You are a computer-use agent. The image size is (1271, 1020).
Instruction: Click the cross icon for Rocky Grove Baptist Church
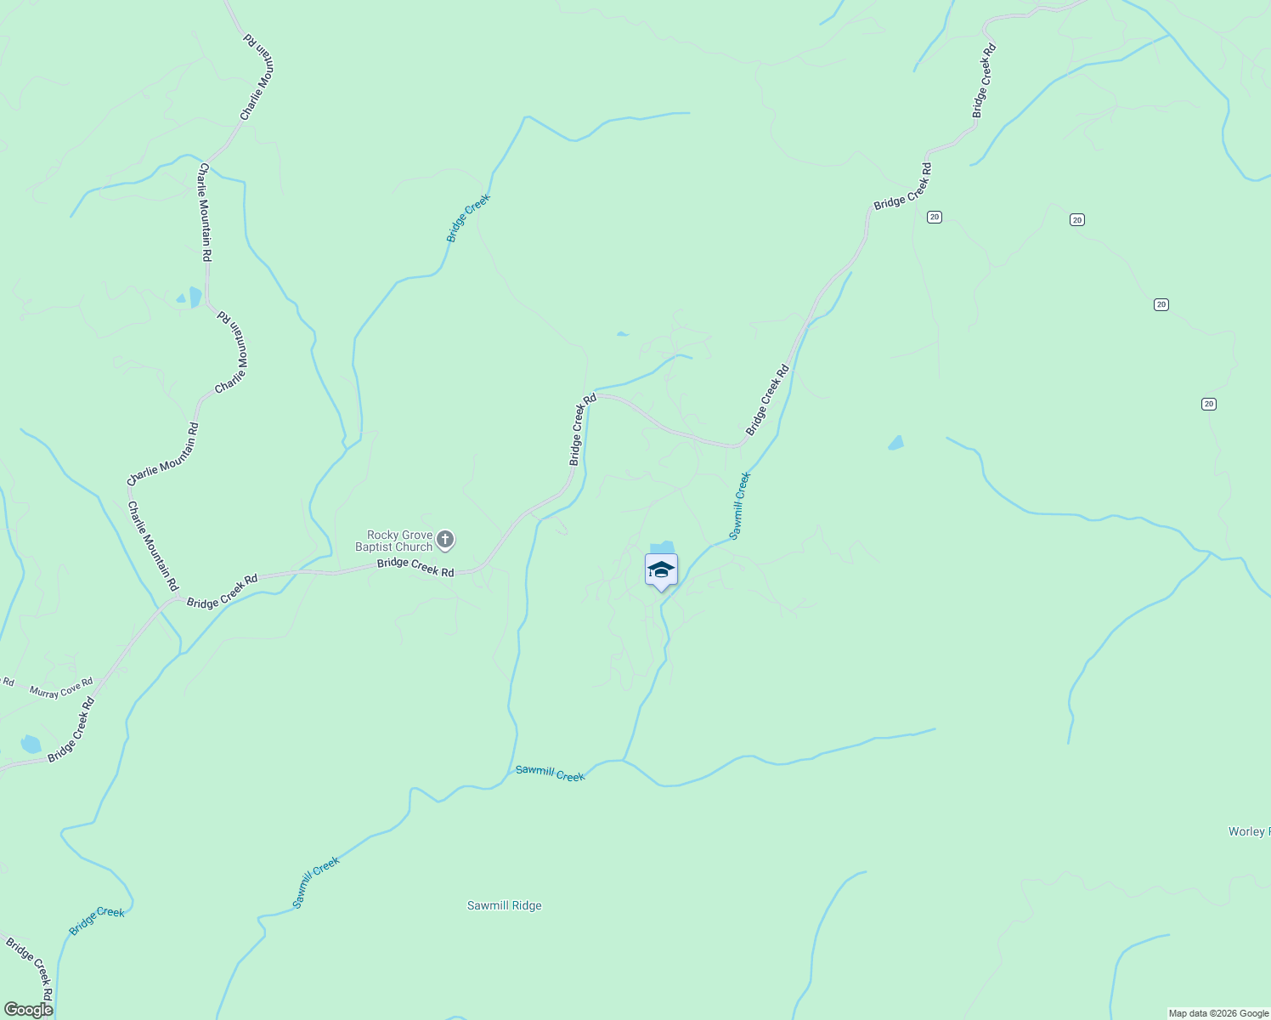click(444, 540)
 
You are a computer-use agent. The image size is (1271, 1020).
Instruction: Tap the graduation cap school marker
click(661, 570)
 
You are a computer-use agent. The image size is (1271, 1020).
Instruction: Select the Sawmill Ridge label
click(504, 906)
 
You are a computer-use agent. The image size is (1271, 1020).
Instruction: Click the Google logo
click(27, 1010)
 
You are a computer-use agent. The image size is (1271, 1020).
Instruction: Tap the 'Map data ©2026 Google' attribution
click(1217, 1013)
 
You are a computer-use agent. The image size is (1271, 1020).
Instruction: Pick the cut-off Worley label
click(1248, 831)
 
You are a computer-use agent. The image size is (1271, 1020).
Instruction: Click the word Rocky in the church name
click(382, 535)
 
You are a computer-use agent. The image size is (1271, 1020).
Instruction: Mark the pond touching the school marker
click(662, 547)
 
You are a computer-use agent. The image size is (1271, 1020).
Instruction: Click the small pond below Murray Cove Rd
click(31, 745)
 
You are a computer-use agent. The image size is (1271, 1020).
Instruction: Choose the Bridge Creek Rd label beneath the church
click(415, 567)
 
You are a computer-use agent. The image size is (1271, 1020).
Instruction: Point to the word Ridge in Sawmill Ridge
click(527, 906)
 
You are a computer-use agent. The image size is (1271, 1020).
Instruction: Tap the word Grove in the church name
click(416, 535)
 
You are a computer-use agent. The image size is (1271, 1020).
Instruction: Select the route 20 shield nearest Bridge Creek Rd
click(935, 217)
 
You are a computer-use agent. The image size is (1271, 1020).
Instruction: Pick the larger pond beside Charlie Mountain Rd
click(195, 297)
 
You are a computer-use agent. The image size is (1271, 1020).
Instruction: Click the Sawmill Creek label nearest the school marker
click(740, 506)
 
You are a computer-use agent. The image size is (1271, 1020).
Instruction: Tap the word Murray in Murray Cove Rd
click(43, 692)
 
